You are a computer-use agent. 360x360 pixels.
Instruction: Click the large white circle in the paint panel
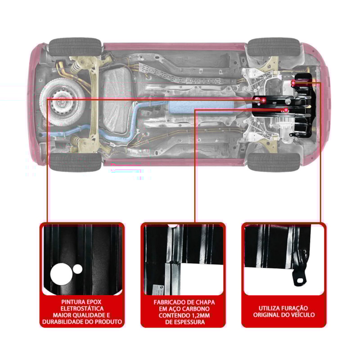pos(62,274)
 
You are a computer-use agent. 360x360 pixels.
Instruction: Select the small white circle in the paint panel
pos(78,269)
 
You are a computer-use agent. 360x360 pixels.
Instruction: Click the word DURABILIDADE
pos(67,322)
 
